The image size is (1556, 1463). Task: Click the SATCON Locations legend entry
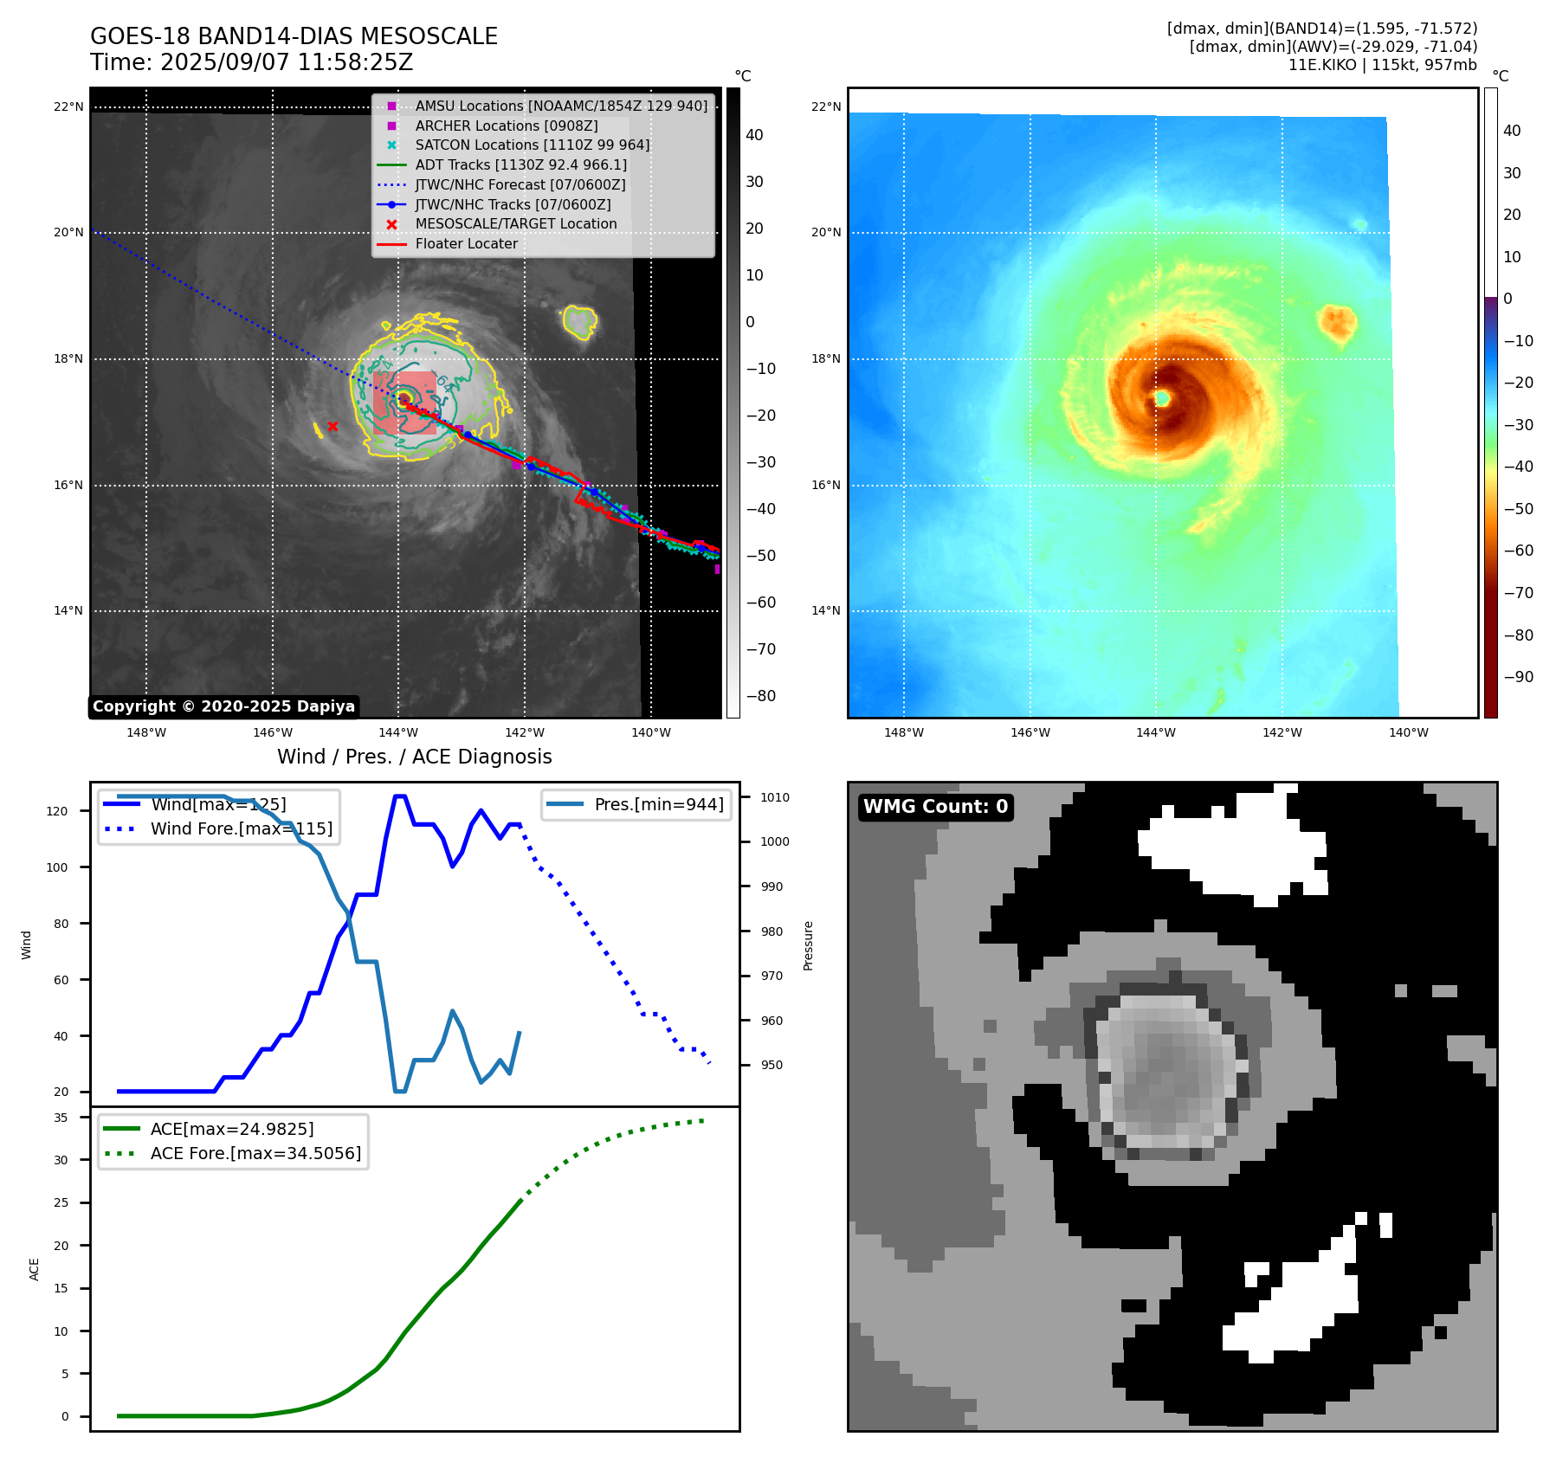pyautogui.click(x=532, y=145)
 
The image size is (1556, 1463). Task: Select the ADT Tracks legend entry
pyautogui.click(x=520, y=165)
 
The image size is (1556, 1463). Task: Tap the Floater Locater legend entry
pyautogui.click(x=466, y=244)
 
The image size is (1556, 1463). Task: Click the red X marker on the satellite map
pyautogui.click(x=333, y=426)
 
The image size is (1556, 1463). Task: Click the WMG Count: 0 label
pyautogui.click(x=935, y=807)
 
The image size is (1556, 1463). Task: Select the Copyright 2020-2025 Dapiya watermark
pyautogui.click(x=223, y=706)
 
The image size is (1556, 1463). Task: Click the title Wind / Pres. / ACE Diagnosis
pyautogui.click(x=414, y=757)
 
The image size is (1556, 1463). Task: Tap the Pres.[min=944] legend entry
pyautogui.click(x=658, y=804)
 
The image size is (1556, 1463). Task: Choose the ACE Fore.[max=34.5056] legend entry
pyautogui.click(x=255, y=1153)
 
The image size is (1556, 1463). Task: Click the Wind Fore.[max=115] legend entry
pyautogui.click(x=241, y=828)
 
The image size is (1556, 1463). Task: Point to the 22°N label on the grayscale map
pyautogui.click(x=68, y=107)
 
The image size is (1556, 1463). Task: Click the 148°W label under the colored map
pyautogui.click(x=904, y=732)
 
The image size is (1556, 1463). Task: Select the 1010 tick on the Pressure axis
pyautogui.click(x=775, y=797)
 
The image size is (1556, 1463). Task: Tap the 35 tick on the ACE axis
pyautogui.click(x=61, y=1118)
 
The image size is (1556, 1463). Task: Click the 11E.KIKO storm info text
pyautogui.click(x=1382, y=65)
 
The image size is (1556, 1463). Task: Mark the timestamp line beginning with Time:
pyautogui.click(x=251, y=63)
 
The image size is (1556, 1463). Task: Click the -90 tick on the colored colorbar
pyautogui.click(x=1518, y=677)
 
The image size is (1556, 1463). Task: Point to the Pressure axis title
pyautogui.click(x=808, y=945)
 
